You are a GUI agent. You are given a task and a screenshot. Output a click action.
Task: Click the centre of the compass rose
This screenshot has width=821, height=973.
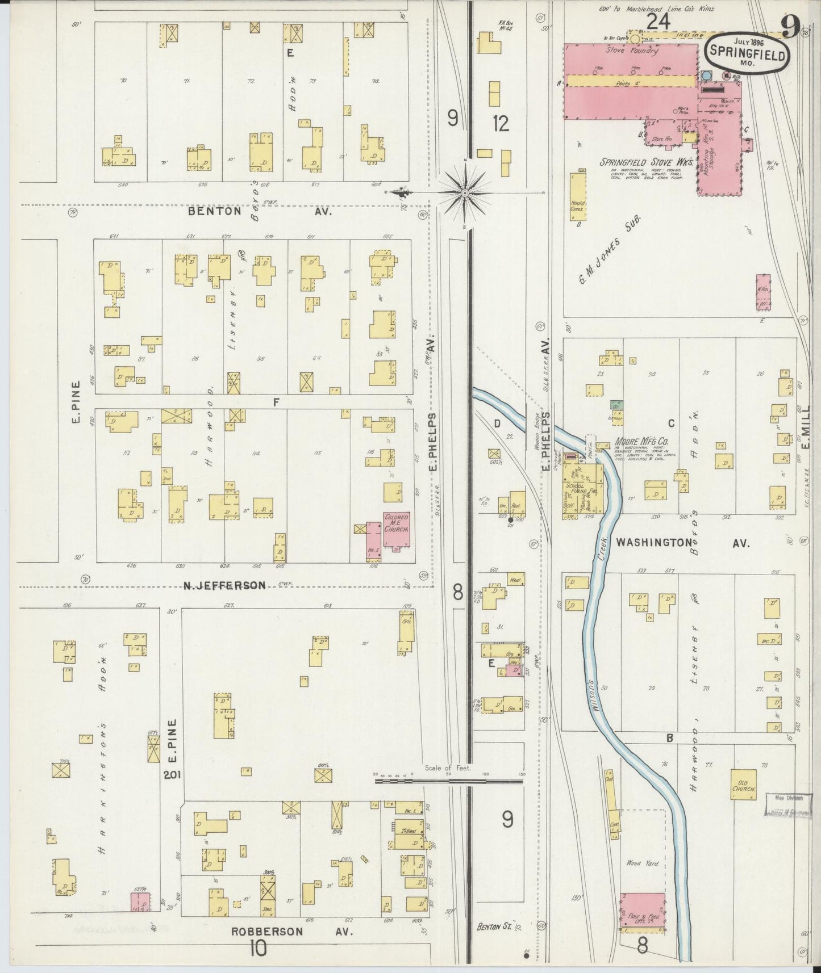[466, 193]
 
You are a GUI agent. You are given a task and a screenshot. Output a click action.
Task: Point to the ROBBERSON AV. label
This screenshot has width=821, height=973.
[291, 932]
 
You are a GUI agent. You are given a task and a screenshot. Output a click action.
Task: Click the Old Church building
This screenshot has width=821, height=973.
[743, 785]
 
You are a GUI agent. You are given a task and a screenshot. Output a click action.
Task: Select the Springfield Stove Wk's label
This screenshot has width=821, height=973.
[647, 162]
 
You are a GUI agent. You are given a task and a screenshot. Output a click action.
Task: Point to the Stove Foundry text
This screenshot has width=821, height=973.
[631, 51]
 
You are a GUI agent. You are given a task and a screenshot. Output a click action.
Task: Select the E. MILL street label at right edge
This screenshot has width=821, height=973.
[807, 438]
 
